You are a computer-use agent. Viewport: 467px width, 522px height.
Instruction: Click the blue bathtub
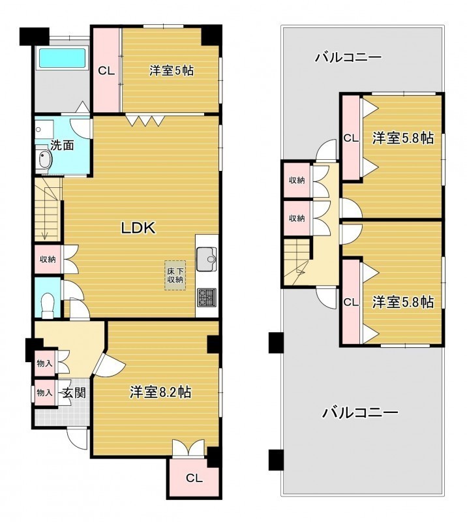point(63,59)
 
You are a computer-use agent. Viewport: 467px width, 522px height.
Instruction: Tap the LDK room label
point(138,228)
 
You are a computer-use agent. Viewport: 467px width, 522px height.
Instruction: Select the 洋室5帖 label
point(172,70)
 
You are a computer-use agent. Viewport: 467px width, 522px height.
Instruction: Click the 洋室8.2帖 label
point(160,392)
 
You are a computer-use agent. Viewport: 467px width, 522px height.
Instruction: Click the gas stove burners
point(207,298)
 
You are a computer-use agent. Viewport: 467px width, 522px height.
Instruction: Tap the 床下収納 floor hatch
point(175,275)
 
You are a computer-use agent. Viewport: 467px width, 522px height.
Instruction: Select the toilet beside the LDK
point(48,305)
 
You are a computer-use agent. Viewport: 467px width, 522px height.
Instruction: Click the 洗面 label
point(62,146)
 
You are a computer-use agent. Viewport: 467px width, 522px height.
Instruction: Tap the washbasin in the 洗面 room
point(44,160)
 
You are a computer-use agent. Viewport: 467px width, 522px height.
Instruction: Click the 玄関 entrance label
point(74,393)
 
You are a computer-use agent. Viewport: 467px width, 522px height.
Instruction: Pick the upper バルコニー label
point(348,57)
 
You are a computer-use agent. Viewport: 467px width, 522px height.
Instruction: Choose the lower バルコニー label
point(360,413)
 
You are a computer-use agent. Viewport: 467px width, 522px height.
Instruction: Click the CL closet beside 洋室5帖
point(106,70)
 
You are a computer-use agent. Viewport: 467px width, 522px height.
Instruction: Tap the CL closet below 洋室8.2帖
point(194,478)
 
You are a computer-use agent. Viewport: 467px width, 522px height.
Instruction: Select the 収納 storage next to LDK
point(48,259)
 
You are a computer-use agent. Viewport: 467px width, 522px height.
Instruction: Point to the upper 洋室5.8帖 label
point(403,138)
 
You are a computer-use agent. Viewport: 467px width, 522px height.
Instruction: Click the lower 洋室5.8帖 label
point(403,302)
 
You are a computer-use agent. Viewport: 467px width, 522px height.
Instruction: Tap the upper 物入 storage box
point(44,363)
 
